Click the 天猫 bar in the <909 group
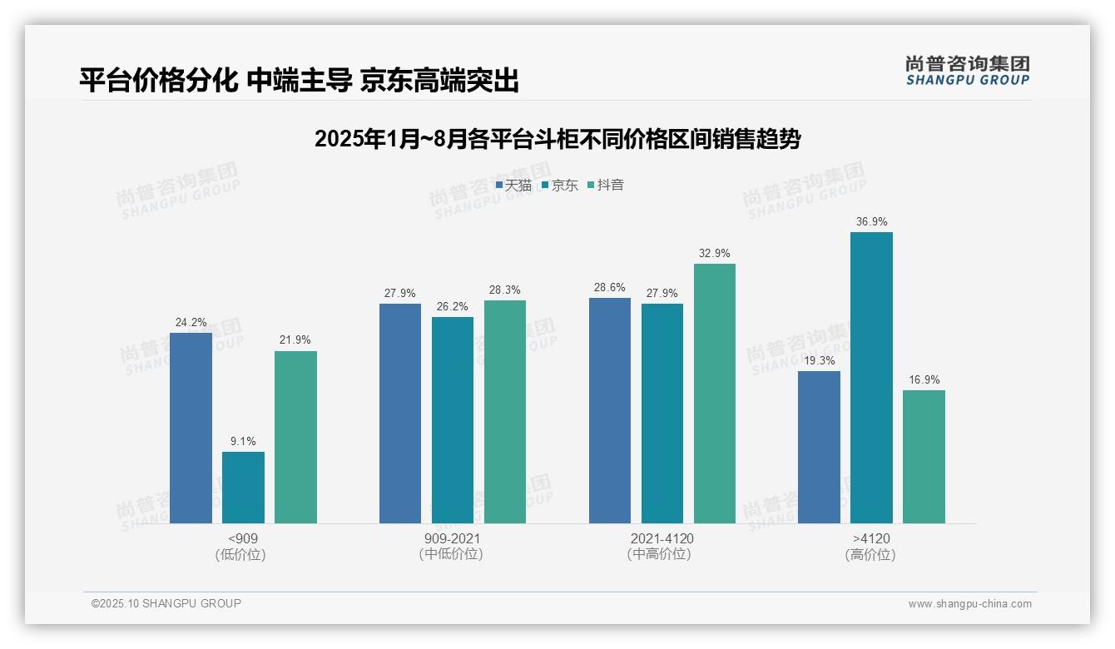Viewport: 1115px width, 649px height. tap(191, 428)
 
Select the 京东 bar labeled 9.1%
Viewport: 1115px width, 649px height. tap(243, 488)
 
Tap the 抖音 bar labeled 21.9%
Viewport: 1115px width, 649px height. tap(295, 437)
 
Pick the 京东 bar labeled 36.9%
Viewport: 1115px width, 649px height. tap(871, 378)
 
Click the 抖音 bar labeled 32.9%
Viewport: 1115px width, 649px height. tap(715, 394)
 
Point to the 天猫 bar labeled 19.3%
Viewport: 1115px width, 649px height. tap(819, 447)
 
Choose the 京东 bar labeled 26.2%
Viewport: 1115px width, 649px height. tap(453, 420)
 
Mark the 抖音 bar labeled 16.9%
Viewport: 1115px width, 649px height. tap(924, 457)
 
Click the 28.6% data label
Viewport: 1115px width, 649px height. tap(610, 287)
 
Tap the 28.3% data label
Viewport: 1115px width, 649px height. tap(505, 290)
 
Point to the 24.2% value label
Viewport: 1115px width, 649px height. tap(191, 323)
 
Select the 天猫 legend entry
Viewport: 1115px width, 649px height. tap(513, 186)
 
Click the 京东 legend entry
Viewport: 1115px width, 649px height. tap(559, 186)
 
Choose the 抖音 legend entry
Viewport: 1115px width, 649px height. tap(606, 186)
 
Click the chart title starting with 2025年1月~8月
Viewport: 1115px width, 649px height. tap(557, 139)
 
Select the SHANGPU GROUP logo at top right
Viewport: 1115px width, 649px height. tap(967, 71)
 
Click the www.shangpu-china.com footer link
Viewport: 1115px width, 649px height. tap(969, 604)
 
